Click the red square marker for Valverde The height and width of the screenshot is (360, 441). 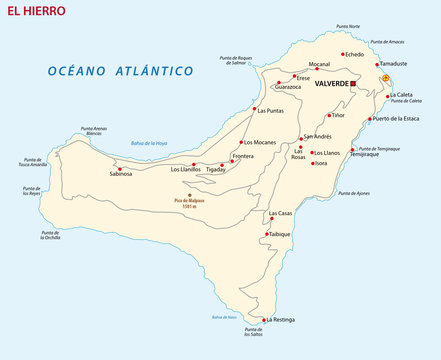(353, 85)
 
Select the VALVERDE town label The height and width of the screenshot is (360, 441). (330, 85)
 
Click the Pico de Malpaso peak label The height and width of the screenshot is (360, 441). (190, 201)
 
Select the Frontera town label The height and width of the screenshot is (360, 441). (243, 156)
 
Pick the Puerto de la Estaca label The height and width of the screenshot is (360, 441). (401, 119)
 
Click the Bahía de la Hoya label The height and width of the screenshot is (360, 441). (149, 143)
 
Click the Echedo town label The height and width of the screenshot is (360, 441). (355, 54)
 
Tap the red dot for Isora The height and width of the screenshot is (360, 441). (310, 163)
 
